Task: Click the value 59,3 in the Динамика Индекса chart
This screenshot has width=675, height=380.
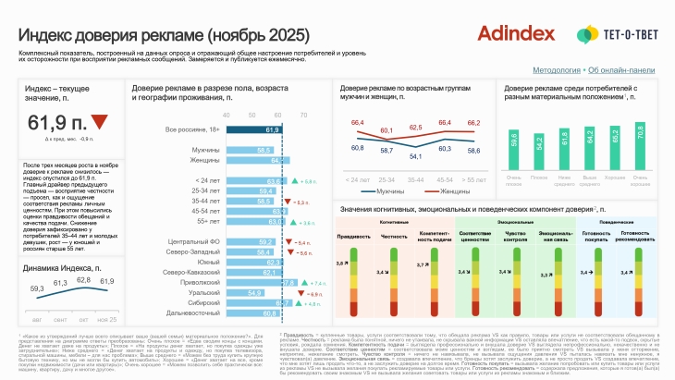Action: tap(37, 288)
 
